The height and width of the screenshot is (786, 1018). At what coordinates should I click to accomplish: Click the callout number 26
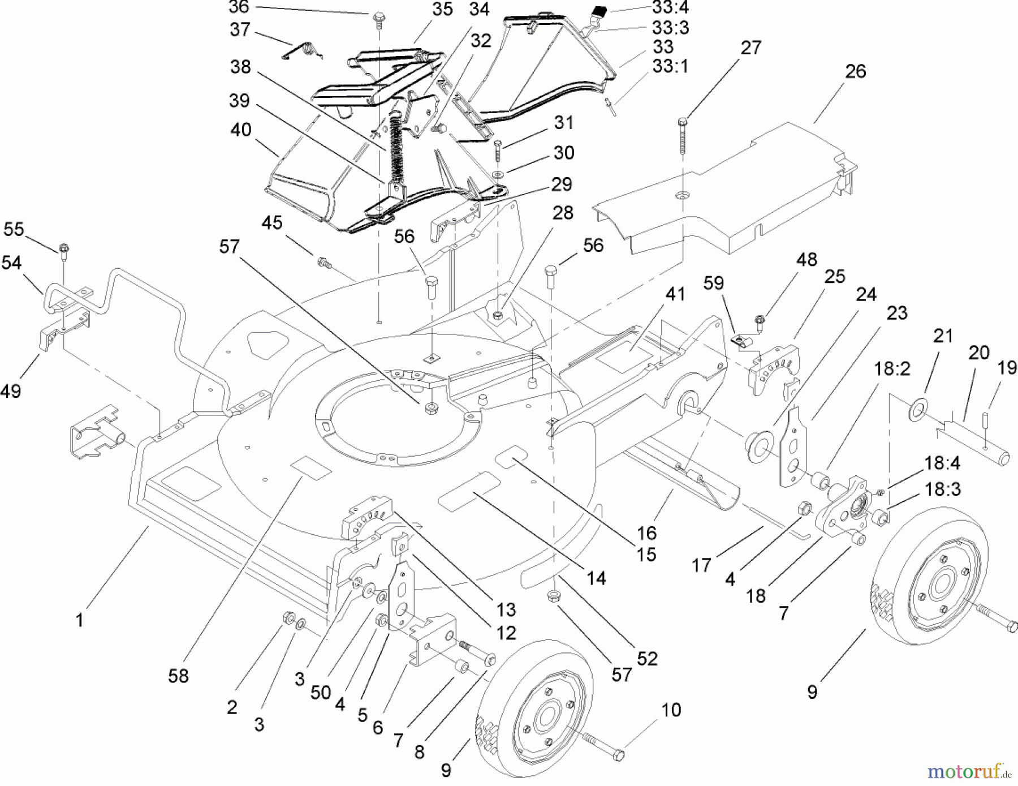tap(855, 72)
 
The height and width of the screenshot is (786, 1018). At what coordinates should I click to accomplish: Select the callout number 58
tap(178, 676)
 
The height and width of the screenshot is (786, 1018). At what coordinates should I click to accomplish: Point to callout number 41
tap(675, 294)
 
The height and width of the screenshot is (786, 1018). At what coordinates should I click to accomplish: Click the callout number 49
tap(11, 390)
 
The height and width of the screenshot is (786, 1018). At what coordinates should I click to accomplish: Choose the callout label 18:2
tap(892, 370)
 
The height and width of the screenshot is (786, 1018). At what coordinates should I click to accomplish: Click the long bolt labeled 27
tap(683, 136)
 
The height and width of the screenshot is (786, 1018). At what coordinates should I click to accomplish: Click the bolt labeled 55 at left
tap(63, 250)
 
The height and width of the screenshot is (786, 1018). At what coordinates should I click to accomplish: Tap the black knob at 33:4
tap(599, 10)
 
